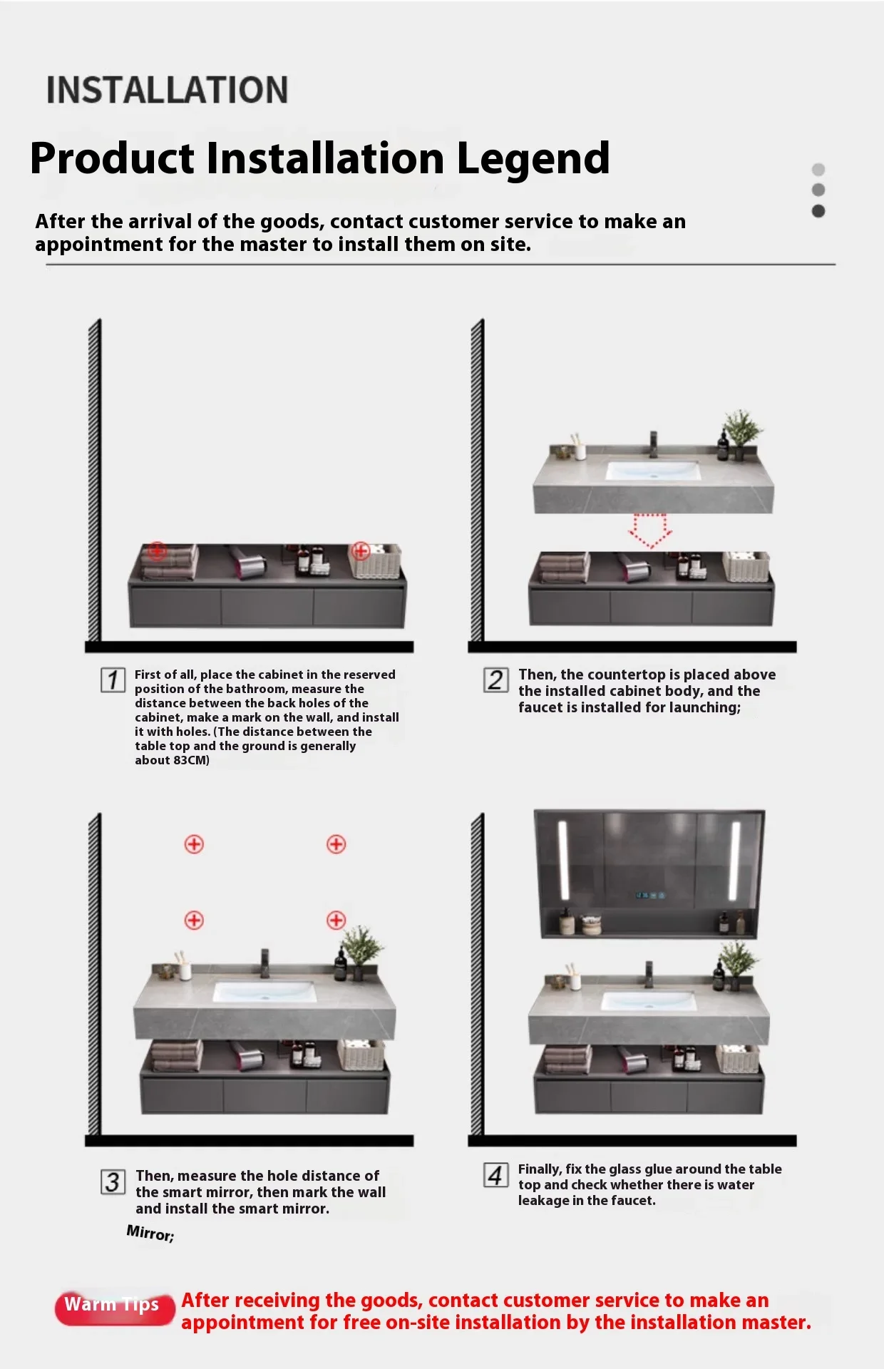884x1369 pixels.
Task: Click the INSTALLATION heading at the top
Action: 167,90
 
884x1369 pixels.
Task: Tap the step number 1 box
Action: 113,680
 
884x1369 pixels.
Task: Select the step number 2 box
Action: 496,680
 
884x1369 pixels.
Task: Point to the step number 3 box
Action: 113,1182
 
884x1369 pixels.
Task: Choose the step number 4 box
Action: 496,1175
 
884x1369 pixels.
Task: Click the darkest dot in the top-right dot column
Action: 818,211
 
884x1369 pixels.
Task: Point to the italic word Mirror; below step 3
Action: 150,1233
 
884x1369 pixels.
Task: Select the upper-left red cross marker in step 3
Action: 194,844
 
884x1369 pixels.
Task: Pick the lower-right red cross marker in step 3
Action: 336,920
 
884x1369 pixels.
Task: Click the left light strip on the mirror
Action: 563,860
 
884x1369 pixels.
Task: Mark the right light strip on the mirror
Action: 734,860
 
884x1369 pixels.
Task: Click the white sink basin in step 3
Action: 264,991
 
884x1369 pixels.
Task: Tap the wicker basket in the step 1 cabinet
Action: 375,560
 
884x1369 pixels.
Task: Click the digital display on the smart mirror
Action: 650,895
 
